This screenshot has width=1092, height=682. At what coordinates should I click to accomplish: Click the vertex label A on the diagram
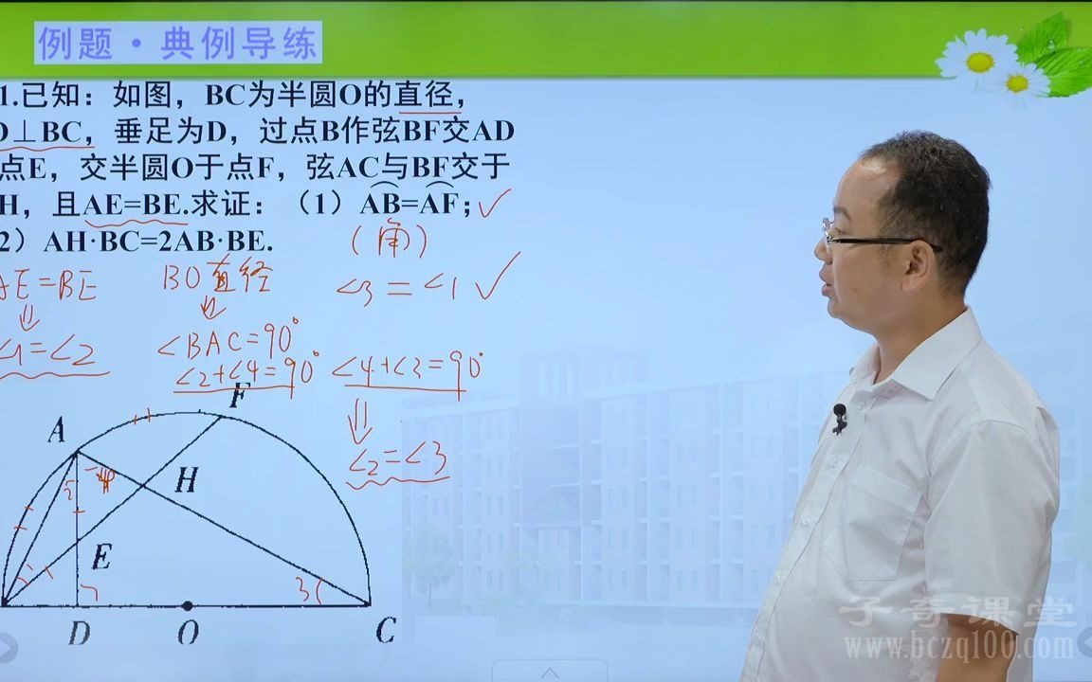(x=58, y=432)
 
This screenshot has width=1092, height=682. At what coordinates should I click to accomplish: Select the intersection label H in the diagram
(x=185, y=481)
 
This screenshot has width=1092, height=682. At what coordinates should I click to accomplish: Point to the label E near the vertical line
(x=100, y=558)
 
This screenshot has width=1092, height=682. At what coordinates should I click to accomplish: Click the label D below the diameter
(x=79, y=633)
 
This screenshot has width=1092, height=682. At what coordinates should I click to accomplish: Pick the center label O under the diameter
(x=188, y=633)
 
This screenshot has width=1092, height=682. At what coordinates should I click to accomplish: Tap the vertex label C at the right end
(x=385, y=631)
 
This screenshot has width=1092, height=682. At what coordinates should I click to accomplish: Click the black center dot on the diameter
(x=188, y=605)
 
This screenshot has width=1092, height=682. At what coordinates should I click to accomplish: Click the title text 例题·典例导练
(x=178, y=44)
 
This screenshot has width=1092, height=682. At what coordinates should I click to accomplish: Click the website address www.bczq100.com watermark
(x=959, y=648)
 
